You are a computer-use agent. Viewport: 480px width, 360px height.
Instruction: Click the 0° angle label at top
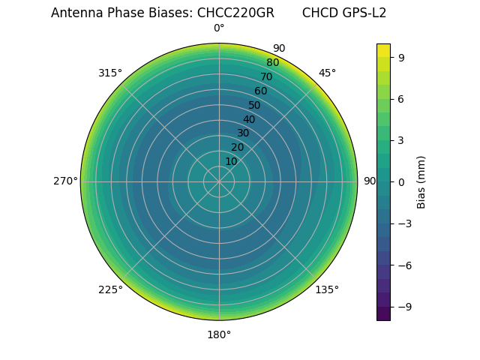pyautogui.click(x=219, y=28)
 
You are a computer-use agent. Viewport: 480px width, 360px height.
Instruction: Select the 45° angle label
pyautogui.click(x=327, y=73)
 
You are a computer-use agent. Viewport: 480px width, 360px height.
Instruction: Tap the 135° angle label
pyautogui.click(x=327, y=289)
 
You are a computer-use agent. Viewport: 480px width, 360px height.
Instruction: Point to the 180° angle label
pyautogui.click(x=219, y=334)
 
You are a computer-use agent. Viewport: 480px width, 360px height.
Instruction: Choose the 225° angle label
pyautogui.click(x=110, y=289)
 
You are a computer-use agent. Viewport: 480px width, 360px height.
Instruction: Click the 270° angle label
pyautogui.click(x=65, y=181)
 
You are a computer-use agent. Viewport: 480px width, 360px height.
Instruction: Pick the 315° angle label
pyautogui.click(x=110, y=73)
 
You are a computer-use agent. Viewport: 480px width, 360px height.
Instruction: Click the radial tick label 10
pyautogui.click(x=231, y=161)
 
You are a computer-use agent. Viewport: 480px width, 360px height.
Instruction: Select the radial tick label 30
pyautogui.click(x=243, y=133)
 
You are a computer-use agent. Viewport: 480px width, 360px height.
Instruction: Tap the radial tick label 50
pyautogui.click(x=254, y=105)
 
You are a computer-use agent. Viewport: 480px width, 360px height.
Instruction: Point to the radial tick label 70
pyautogui.click(x=266, y=76)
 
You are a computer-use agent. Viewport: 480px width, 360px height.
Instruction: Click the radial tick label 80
pyautogui.click(x=272, y=63)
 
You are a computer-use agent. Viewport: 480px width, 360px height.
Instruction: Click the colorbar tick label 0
pyautogui.click(x=401, y=181)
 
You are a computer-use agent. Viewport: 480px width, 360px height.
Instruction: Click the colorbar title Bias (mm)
pyautogui.click(x=421, y=181)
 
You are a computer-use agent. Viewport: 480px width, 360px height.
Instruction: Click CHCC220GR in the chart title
pyautogui.click(x=235, y=13)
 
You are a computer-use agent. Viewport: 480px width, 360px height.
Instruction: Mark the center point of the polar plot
pyautogui.click(x=219, y=181)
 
